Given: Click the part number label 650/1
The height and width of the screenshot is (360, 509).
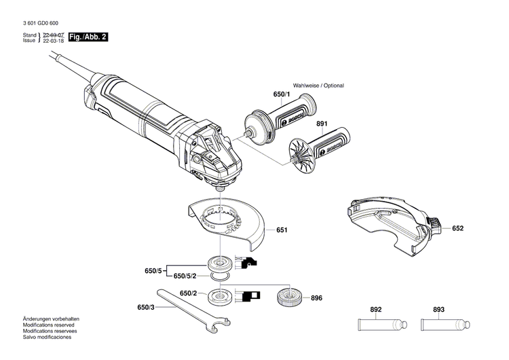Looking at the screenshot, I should (x=263, y=96).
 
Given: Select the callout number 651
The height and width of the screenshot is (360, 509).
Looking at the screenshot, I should (x=282, y=230).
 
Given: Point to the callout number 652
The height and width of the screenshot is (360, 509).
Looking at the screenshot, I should (x=457, y=229).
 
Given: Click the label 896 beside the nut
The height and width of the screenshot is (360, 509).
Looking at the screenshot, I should (x=317, y=298).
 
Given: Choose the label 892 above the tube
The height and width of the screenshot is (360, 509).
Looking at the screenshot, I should (x=376, y=310).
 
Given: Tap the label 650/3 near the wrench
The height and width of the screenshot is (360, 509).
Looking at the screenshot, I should (x=145, y=308).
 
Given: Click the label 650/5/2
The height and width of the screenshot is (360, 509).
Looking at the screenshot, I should (x=185, y=276).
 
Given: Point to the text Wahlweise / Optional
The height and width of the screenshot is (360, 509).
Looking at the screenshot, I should (x=318, y=86).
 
